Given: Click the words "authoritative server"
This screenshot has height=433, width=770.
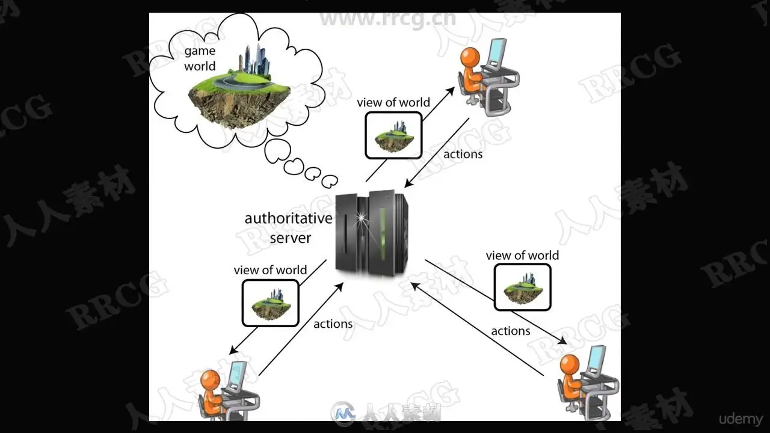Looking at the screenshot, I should pyautogui.click(x=288, y=227).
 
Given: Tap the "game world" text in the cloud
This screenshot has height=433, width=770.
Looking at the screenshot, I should pyautogui.click(x=200, y=59).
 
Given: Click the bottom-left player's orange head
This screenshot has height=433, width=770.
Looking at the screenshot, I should pyautogui.click(x=210, y=380).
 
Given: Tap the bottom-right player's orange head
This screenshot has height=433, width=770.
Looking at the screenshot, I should pyautogui.click(x=569, y=364).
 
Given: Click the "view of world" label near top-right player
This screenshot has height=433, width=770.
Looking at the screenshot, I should pyautogui.click(x=393, y=102).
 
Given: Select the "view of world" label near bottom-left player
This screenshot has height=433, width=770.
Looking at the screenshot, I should pyautogui.click(x=270, y=270).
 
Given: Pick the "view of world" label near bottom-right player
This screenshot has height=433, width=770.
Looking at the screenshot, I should pyautogui.click(x=522, y=256).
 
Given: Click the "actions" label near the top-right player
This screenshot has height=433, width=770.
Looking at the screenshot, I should pyautogui.click(x=463, y=154).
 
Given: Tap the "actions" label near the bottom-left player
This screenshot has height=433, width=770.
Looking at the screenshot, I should pyautogui.click(x=333, y=324).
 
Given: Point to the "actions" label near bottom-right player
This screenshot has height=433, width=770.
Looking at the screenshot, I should pyautogui.click(x=510, y=331).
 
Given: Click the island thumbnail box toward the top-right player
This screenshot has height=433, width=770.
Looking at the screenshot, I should pyautogui.click(x=393, y=135).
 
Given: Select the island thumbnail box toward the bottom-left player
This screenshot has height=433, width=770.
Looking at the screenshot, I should pyautogui.click(x=270, y=303).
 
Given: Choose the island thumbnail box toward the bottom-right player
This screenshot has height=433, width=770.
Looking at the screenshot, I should pyautogui.click(x=522, y=288).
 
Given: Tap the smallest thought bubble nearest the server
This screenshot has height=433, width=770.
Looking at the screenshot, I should pyautogui.click(x=330, y=180).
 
